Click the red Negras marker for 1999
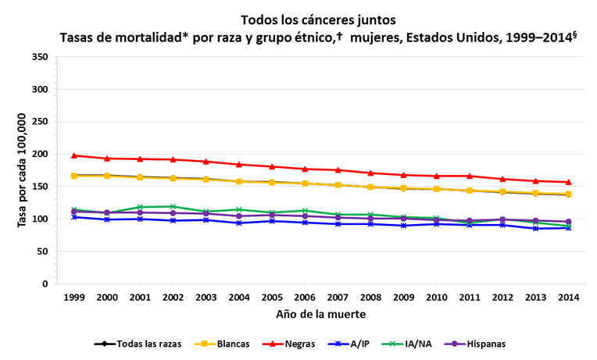(x=74, y=155)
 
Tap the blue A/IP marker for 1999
(x=74, y=216)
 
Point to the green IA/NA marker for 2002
(x=173, y=207)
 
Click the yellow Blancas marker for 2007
(x=338, y=185)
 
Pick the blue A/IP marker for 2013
(x=535, y=228)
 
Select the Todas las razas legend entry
(x=138, y=344)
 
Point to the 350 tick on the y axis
(x=41, y=57)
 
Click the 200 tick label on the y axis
(x=41, y=154)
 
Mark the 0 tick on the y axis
(x=47, y=283)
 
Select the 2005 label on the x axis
(x=271, y=298)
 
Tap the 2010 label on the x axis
(x=436, y=298)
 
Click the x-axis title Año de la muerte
(x=321, y=315)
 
